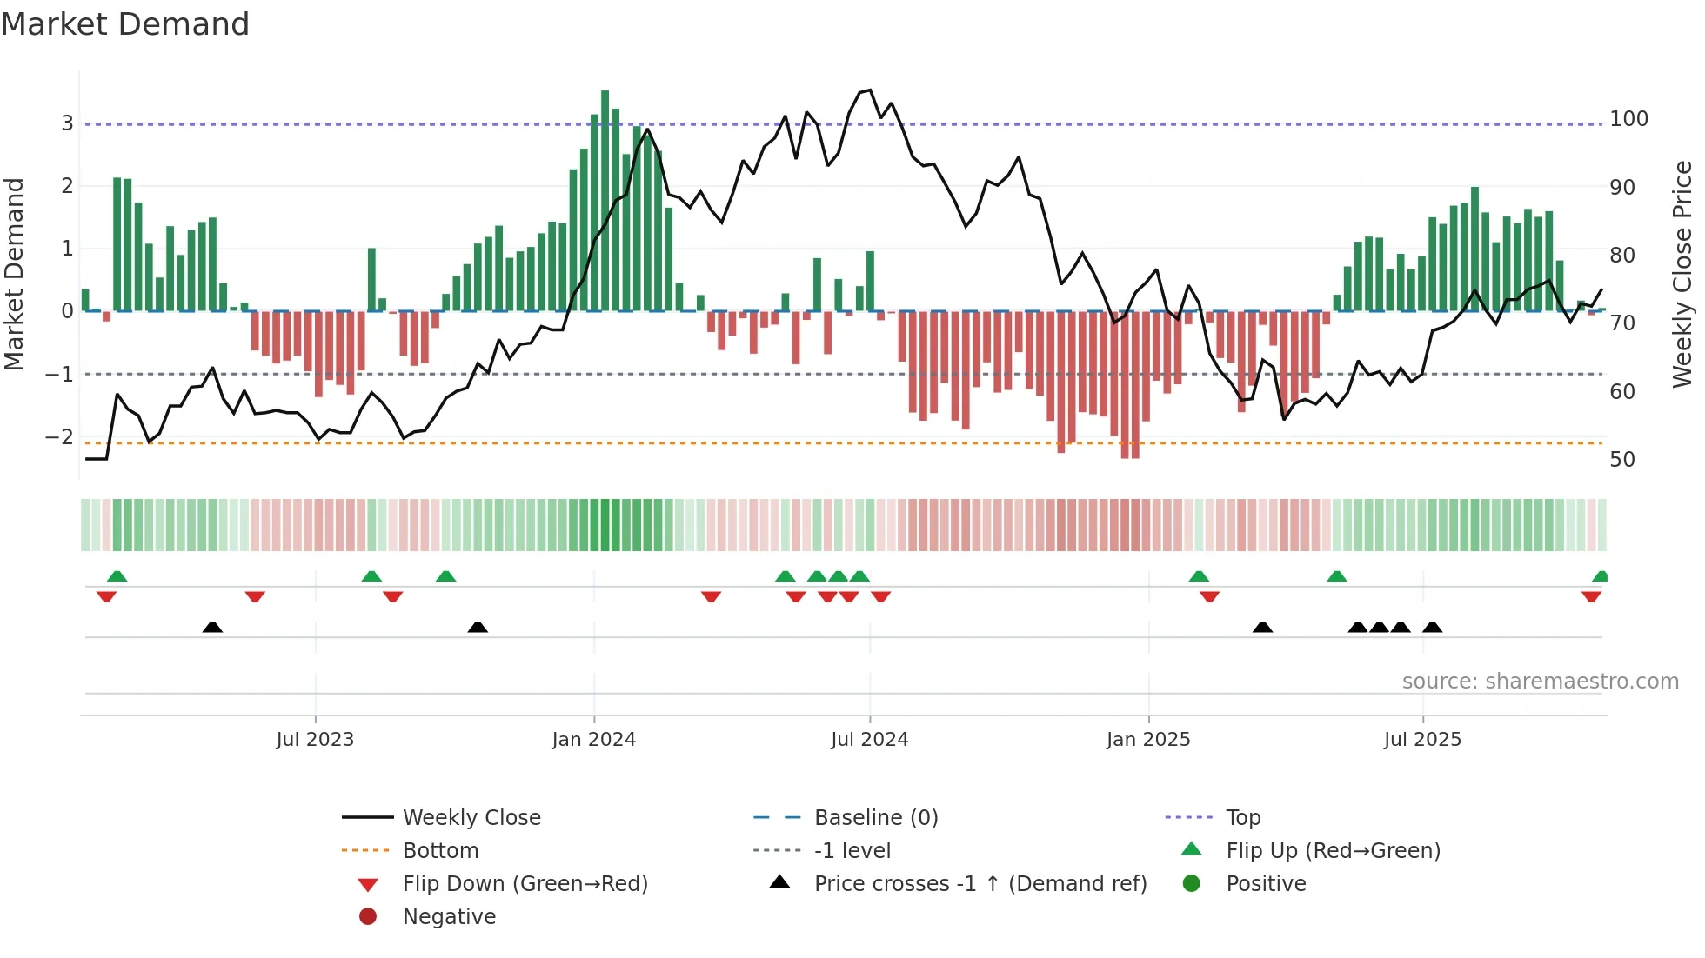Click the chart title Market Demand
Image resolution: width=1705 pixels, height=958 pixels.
125,24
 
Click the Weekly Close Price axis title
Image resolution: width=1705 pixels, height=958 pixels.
1682,274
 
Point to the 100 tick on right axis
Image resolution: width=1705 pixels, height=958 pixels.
1628,119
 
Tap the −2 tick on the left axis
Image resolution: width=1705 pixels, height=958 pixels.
60,437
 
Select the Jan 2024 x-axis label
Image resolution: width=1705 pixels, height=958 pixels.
594,740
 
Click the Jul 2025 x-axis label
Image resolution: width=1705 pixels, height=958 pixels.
1422,740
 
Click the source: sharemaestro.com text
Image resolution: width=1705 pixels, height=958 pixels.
1540,682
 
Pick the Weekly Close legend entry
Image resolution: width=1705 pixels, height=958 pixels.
471,818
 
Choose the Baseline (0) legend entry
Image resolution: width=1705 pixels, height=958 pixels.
875,818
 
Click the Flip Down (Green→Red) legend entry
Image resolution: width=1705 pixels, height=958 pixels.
525,884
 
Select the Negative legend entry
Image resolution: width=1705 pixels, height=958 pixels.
449,917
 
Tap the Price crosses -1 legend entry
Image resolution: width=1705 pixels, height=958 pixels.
980,884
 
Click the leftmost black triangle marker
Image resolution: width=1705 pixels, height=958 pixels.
212,627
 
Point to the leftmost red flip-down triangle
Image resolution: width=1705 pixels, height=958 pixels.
106,596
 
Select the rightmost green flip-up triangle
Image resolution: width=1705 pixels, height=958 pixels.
1600,576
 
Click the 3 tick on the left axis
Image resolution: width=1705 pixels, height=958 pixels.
67,123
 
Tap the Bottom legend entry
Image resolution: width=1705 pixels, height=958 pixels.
440,851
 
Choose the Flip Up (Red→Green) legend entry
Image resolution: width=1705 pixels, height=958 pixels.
1333,851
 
